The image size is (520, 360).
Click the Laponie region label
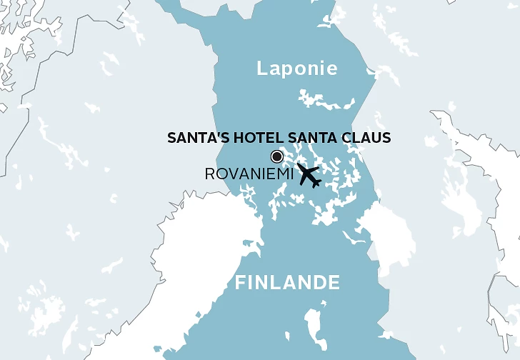point(296,69)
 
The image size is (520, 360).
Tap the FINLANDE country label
point(287,283)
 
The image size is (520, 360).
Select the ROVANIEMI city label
point(249,174)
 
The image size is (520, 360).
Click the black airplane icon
point(309,174)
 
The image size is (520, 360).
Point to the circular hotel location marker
point(276,157)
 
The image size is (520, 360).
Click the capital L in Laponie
point(261,69)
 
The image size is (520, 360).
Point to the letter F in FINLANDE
point(240,283)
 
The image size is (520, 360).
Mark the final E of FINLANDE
point(334,283)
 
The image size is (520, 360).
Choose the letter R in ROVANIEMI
point(209,174)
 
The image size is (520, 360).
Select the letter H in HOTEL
point(234,138)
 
